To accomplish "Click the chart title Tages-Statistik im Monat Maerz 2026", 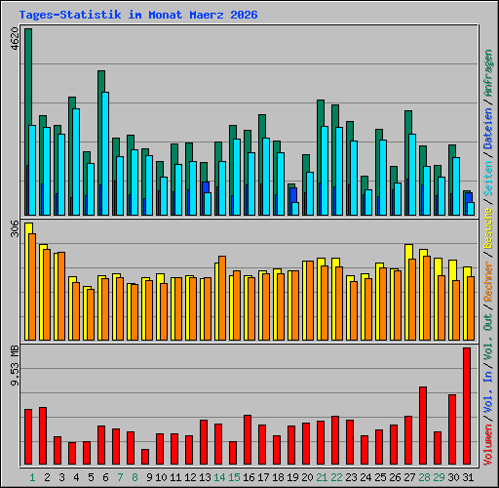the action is (138, 15).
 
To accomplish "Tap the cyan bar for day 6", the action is (105, 153).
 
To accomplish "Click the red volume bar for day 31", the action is (467, 406).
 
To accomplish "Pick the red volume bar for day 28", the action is (423, 426).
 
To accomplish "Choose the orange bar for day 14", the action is (222, 298).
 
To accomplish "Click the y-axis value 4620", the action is (15, 39).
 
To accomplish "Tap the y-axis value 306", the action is (15, 228).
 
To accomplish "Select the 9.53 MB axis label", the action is (15, 366).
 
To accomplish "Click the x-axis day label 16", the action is (249, 477).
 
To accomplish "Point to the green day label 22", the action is (336, 477).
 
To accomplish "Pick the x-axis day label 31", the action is (468, 477).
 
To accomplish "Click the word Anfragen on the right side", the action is (488, 73).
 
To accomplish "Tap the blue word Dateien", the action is (488, 129).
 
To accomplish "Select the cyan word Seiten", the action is (488, 179).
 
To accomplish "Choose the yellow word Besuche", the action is (488, 228).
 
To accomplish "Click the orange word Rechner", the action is (488, 281).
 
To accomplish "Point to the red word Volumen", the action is (488, 445).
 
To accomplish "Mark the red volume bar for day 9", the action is (145, 457).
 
